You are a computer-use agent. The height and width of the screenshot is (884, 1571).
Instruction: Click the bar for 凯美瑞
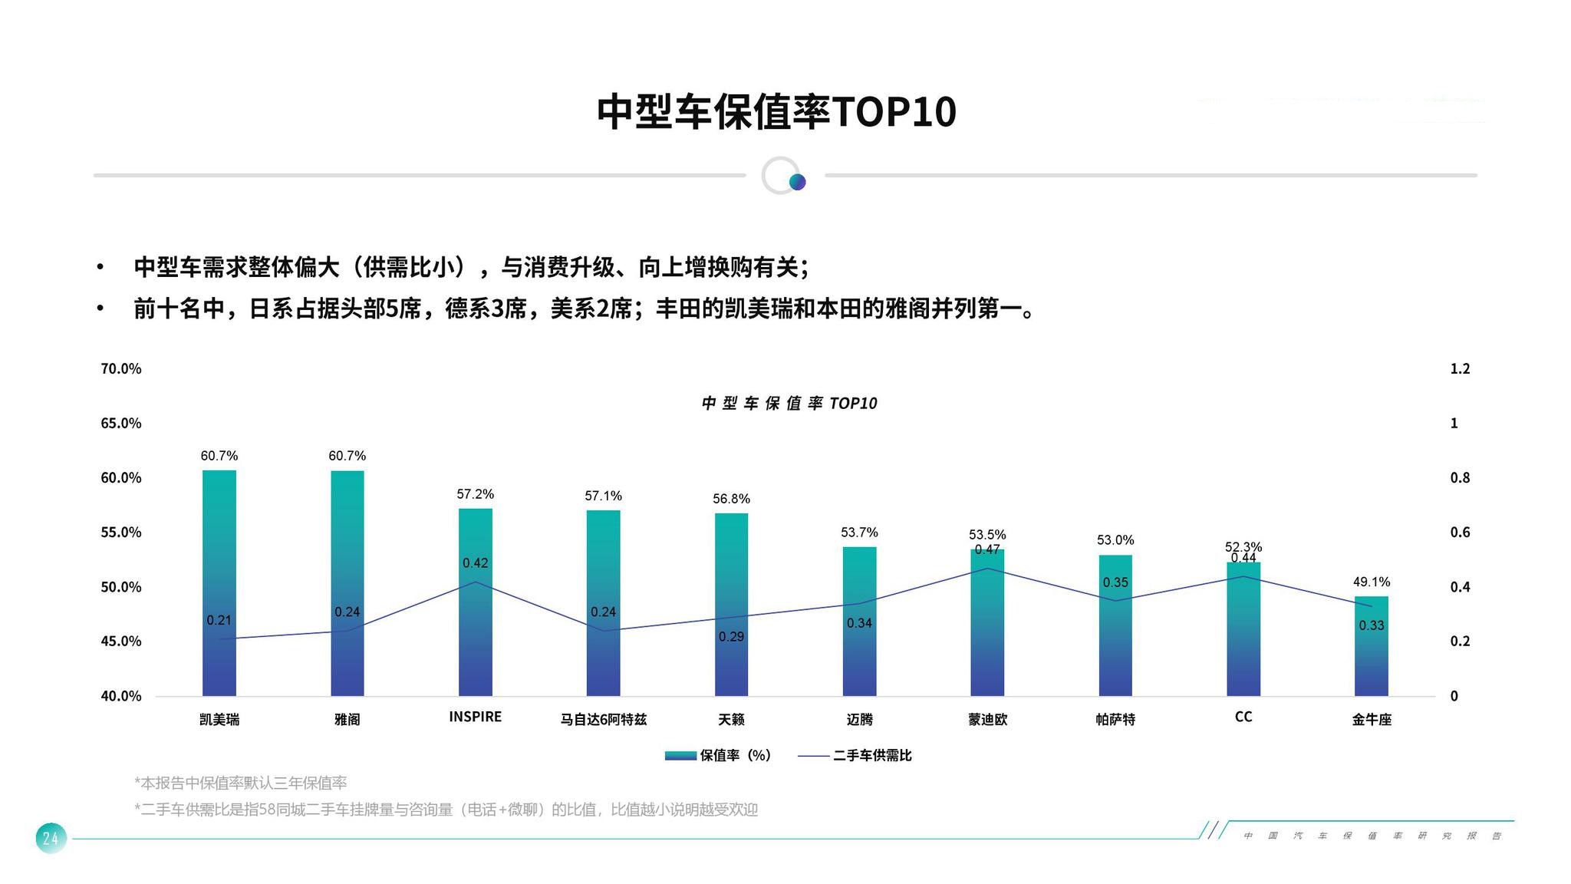(219, 583)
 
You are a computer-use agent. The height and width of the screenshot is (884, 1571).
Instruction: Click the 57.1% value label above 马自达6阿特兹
(603, 496)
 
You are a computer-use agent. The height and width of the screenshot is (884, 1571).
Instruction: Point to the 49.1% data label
(1372, 582)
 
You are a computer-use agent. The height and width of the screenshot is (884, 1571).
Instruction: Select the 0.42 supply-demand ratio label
(476, 563)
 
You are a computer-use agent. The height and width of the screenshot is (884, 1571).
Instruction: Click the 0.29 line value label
(731, 637)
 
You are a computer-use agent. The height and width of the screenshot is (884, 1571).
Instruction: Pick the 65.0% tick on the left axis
(121, 424)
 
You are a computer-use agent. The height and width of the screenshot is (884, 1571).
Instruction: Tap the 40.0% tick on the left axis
(121, 696)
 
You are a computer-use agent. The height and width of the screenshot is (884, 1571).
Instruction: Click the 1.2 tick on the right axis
(1460, 369)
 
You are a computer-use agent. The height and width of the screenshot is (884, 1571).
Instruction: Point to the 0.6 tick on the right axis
(1460, 533)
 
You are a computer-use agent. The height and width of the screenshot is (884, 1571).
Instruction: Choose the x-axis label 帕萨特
(1115, 720)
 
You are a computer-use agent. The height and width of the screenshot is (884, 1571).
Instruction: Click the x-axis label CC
(1243, 717)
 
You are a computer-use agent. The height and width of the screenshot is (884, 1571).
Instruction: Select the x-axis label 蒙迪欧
(987, 720)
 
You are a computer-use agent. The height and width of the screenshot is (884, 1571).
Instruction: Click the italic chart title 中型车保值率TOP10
(789, 404)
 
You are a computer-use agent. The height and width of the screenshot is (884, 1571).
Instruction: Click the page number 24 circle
(51, 838)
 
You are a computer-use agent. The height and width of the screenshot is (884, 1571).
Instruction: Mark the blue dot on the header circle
(798, 182)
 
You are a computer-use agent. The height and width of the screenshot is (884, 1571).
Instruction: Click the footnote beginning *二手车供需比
(446, 810)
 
